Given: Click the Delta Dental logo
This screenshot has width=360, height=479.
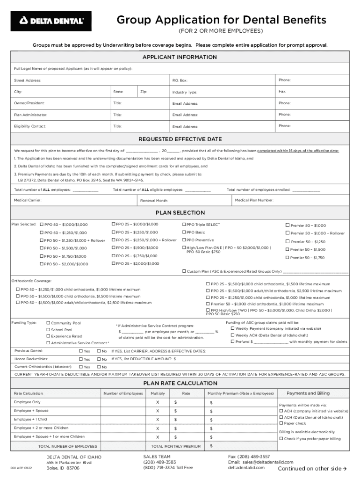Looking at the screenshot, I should point(51,21).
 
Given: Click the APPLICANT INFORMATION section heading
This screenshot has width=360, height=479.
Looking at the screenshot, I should point(180,57).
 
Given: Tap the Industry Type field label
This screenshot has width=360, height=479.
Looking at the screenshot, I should point(185,93).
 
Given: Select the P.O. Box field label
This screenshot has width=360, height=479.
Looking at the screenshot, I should point(180,81).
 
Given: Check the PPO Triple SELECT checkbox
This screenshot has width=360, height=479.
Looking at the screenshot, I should point(184,225).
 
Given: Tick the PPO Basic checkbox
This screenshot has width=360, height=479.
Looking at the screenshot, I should point(184,232).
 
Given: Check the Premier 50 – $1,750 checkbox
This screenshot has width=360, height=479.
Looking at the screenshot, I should point(288,258).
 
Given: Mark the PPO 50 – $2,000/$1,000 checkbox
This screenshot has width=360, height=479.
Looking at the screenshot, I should point(42,264).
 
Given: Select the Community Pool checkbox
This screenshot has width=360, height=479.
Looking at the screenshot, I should point(48,323).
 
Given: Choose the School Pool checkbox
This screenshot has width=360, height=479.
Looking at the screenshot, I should point(48,330).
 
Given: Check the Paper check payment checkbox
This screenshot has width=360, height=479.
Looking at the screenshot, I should point(281,423).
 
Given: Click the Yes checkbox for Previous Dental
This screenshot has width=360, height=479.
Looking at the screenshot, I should point(81,351).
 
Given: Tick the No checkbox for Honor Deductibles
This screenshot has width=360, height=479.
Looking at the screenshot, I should point(99,359).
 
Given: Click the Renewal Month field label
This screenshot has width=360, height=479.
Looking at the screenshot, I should point(154,201).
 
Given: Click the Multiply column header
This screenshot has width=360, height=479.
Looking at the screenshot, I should point(158,393).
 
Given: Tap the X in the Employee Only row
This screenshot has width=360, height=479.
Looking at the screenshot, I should point(158,402).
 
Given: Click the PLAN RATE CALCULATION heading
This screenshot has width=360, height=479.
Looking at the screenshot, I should point(180,383).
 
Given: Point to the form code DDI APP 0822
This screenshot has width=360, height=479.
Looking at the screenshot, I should point(22,468).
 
